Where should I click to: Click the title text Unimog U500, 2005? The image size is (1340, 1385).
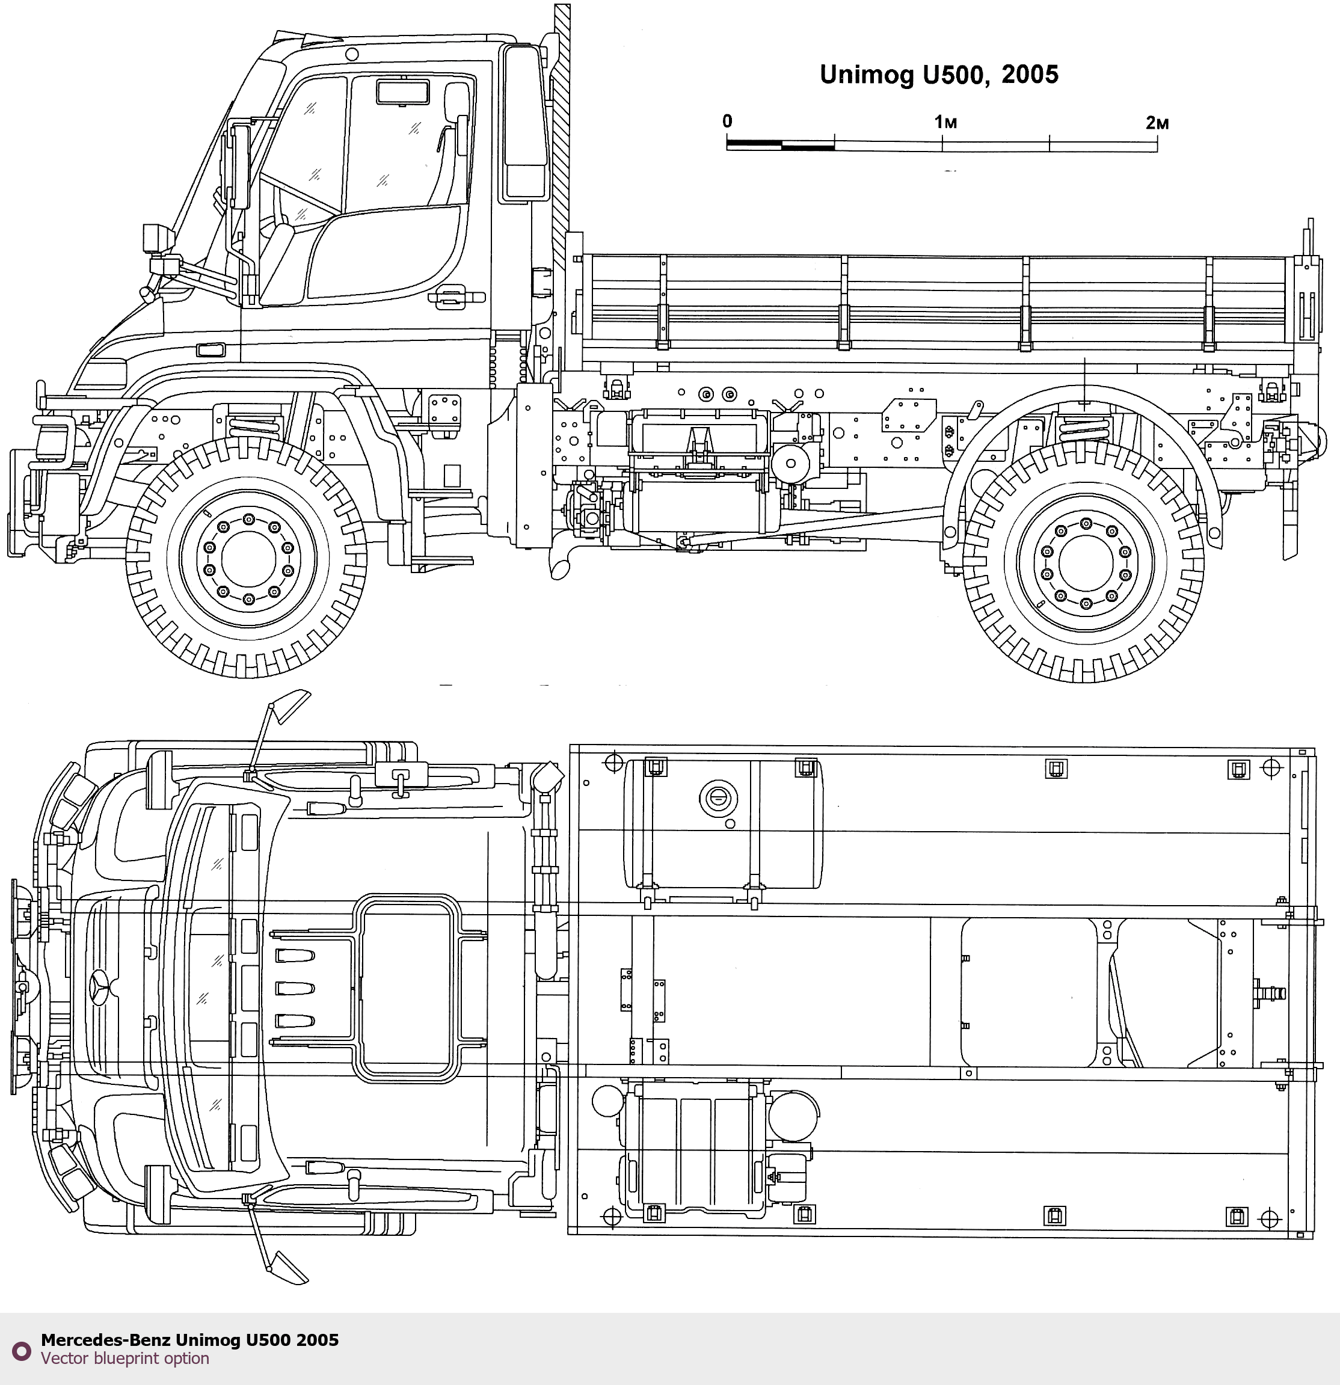tap(939, 75)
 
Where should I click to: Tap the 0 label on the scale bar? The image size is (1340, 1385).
tap(727, 121)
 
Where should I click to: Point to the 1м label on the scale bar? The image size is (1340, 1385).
tap(945, 122)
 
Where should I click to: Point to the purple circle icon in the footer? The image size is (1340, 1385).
tap(22, 1351)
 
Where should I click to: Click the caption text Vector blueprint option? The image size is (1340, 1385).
tap(125, 1358)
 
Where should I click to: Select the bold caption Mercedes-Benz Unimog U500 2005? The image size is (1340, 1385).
tap(189, 1340)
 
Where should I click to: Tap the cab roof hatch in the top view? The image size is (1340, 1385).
tap(407, 989)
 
